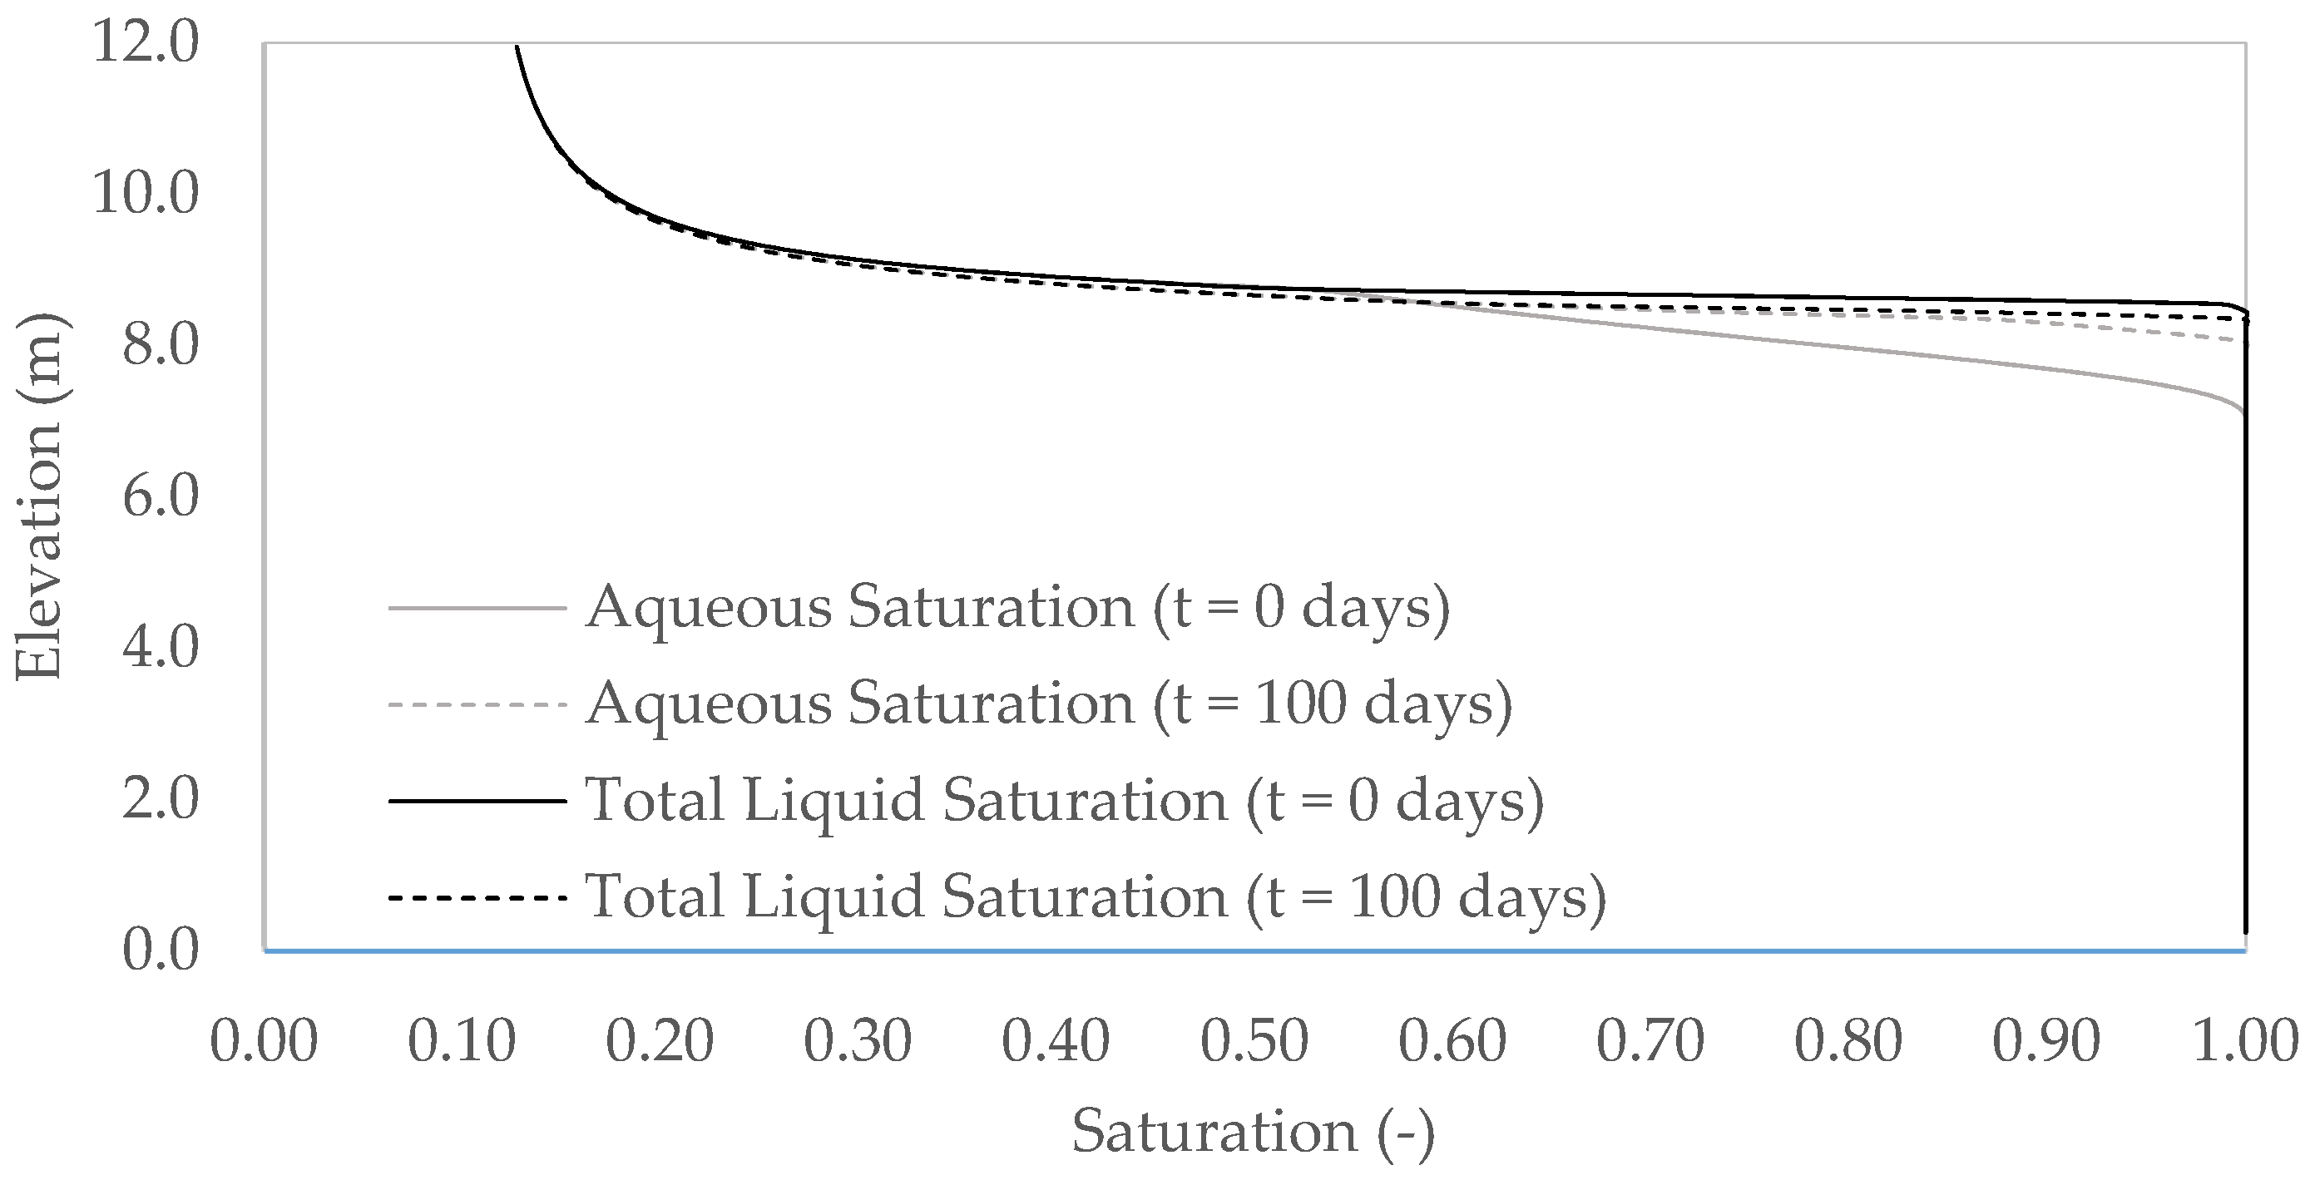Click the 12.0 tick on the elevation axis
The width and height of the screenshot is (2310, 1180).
click(146, 43)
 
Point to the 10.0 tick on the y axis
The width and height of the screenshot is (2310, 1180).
click(146, 194)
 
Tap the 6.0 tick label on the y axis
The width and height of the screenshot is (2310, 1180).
click(160, 496)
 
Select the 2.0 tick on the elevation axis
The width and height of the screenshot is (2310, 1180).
click(160, 798)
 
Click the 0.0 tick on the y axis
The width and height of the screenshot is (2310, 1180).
click(160, 950)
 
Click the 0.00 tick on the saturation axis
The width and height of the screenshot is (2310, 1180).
click(264, 1043)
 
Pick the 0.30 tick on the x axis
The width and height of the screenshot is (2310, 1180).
click(858, 1043)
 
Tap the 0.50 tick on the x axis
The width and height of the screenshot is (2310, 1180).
click(1254, 1043)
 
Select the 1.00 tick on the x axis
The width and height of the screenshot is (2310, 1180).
click(2244, 1043)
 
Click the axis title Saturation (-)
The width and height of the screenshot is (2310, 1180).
click(1254, 1132)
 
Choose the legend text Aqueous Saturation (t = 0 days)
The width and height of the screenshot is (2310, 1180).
click(1018, 608)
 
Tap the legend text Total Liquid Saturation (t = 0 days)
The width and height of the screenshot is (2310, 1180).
click(1065, 800)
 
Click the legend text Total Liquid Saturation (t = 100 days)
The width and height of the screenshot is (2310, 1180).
click(1096, 896)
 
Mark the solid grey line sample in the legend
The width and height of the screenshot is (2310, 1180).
click(477, 608)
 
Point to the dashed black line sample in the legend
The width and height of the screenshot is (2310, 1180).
click(477, 896)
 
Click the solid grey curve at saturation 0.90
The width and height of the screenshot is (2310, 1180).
click(2047, 368)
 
